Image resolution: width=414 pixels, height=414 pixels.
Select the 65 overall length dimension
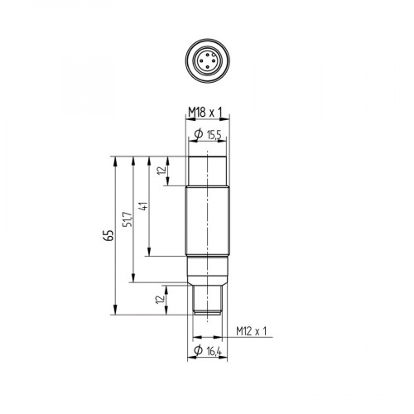click(x=107, y=235)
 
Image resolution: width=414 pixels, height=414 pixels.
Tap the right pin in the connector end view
click(x=211, y=61)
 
